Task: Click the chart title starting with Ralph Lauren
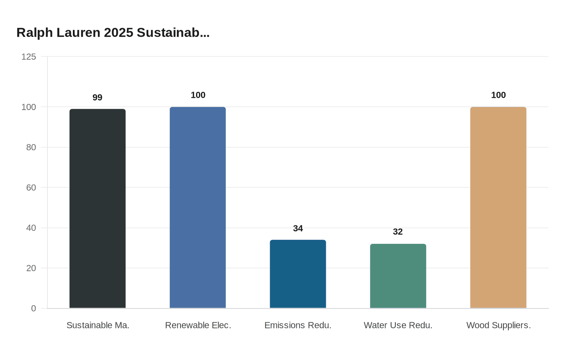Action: pyautogui.click(x=113, y=33)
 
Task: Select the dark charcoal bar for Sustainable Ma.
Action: pyautogui.click(x=97, y=209)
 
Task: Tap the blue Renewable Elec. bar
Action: pyautogui.click(x=198, y=207)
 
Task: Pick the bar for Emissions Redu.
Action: pyautogui.click(x=298, y=274)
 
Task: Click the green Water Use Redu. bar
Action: pyautogui.click(x=398, y=276)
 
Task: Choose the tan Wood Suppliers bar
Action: pyautogui.click(x=498, y=207)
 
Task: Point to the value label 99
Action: pyautogui.click(x=97, y=98)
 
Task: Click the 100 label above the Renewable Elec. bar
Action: pyautogui.click(x=198, y=95)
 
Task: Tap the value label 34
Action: pyautogui.click(x=298, y=229)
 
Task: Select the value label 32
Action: pyautogui.click(x=398, y=232)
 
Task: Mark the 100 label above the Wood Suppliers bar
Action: pyautogui.click(x=498, y=95)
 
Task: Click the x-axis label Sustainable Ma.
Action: pyautogui.click(x=98, y=326)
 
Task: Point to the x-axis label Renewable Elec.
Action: pyautogui.click(x=198, y=326)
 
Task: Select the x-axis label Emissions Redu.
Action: pyautogui.click(x=298, y=326)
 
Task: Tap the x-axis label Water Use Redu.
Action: pyautogui.click(x=398, y=326)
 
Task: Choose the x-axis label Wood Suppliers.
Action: pyautogui.click(x=498, y=326)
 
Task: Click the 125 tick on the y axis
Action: pyautogui.click(x=29, y=57)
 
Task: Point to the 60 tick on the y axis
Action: pyautogui.click(x=31, y=188)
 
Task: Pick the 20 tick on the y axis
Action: pyautogui.click(x=31, y=268)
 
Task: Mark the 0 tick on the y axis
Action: pyautogui.click(x=34, y=308)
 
